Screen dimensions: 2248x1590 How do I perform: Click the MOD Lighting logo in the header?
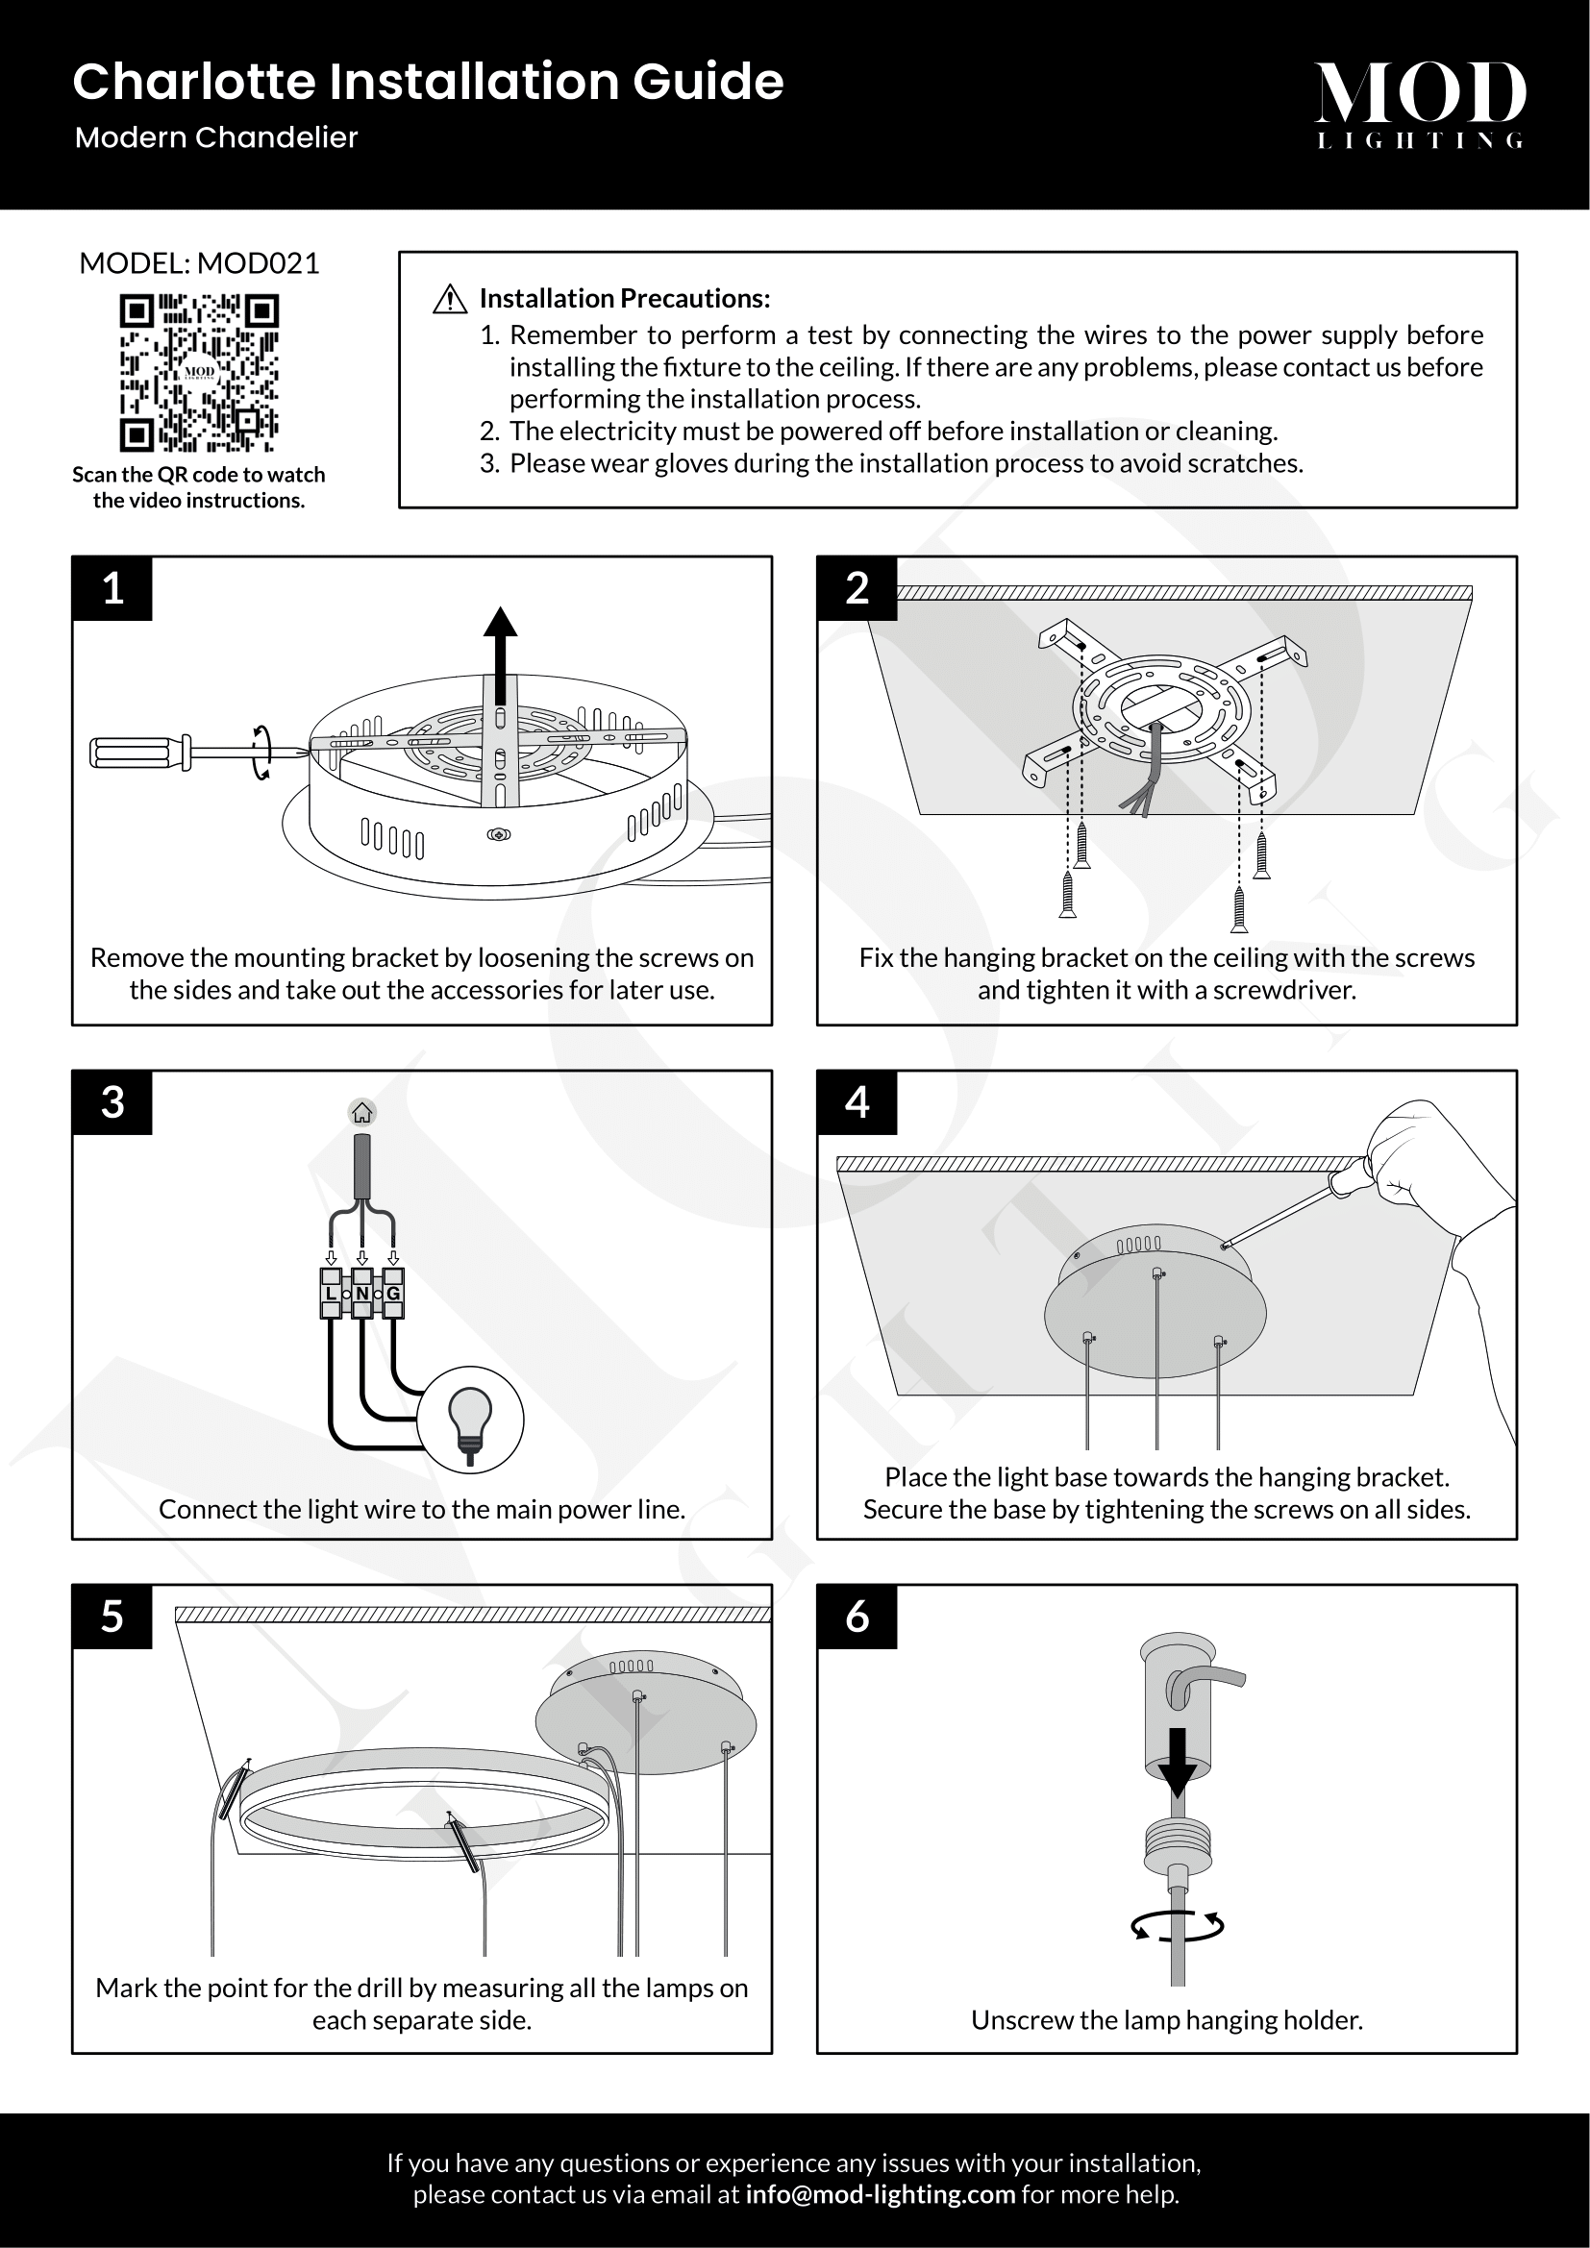1420,104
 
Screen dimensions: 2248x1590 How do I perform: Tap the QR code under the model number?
199,373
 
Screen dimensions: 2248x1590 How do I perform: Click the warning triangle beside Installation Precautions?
449,299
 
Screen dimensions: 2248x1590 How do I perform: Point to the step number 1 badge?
112,587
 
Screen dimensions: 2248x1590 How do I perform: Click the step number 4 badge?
857,1101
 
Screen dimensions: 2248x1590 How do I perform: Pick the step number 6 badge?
857,1616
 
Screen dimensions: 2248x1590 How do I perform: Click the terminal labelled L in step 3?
331,1294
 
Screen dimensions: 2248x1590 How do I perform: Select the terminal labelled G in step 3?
392,1294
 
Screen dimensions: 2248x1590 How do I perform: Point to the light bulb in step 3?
470,1420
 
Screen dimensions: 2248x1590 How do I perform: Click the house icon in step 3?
362,1113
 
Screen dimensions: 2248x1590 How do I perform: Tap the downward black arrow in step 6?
1177,1761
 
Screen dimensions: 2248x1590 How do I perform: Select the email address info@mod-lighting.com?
881,2194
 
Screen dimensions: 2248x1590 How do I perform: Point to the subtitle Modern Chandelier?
216,137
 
